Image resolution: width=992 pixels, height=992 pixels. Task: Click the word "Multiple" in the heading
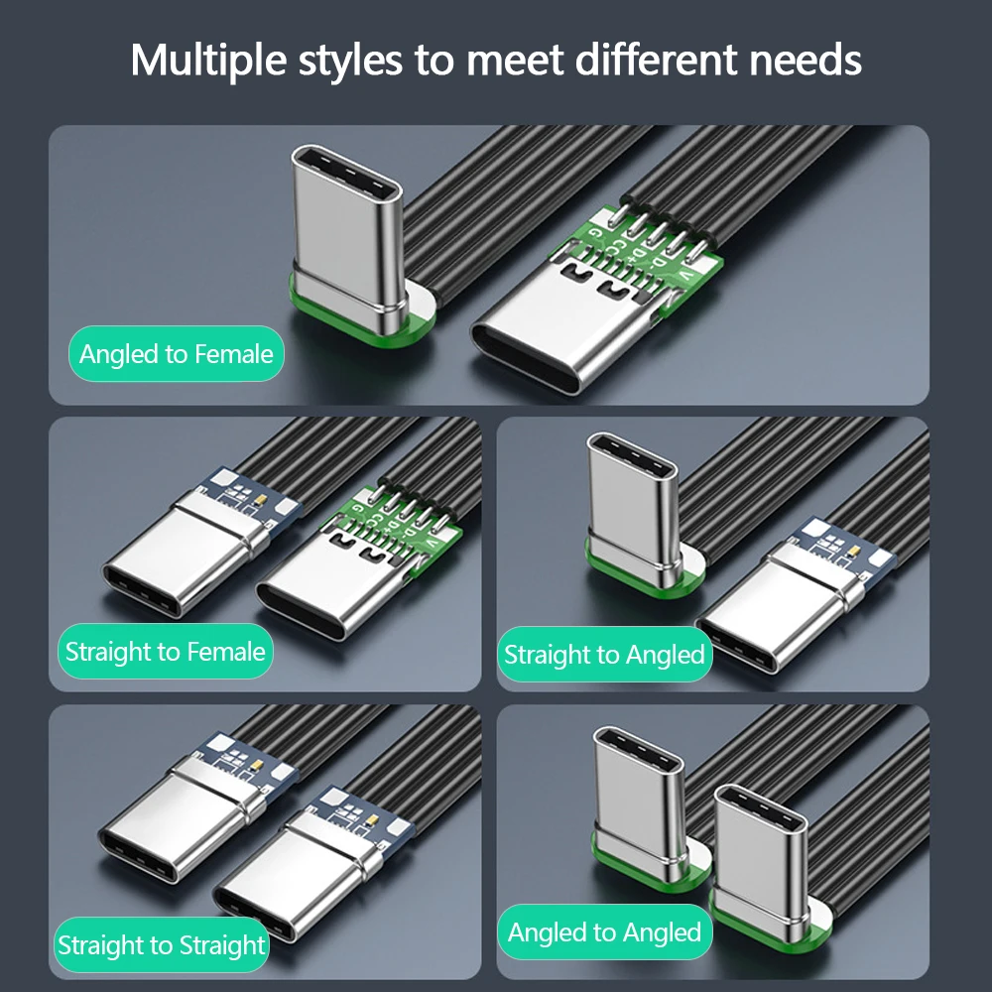pyautogui.click(x=208, y=62)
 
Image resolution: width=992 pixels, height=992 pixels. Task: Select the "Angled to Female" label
pyautogui.click(x=176, y=354)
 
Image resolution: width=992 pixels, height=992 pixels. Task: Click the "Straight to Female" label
pyautogui.click(x=165, y=651)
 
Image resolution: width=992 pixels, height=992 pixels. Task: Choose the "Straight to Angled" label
pyautogui.click(x=604, y=654)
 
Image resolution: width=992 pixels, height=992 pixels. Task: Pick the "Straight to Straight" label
pyautogui.click(x=162, y=944)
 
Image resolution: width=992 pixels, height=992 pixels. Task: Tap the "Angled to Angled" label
pyautogui.click(x=604, y=931)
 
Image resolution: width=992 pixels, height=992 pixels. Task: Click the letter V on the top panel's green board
pyautogui.click(x=685, y=275)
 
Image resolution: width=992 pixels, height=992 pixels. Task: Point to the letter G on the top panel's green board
pyautogui.click(x=594, y=233)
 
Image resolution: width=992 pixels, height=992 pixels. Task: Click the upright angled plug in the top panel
pyautogui.click(x=348, y=240)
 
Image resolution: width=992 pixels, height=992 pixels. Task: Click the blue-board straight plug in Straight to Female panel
pyautogui.click(x=196, y=544)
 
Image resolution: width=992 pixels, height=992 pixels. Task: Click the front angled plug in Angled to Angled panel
pyautogui.click(x=766, y=867)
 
